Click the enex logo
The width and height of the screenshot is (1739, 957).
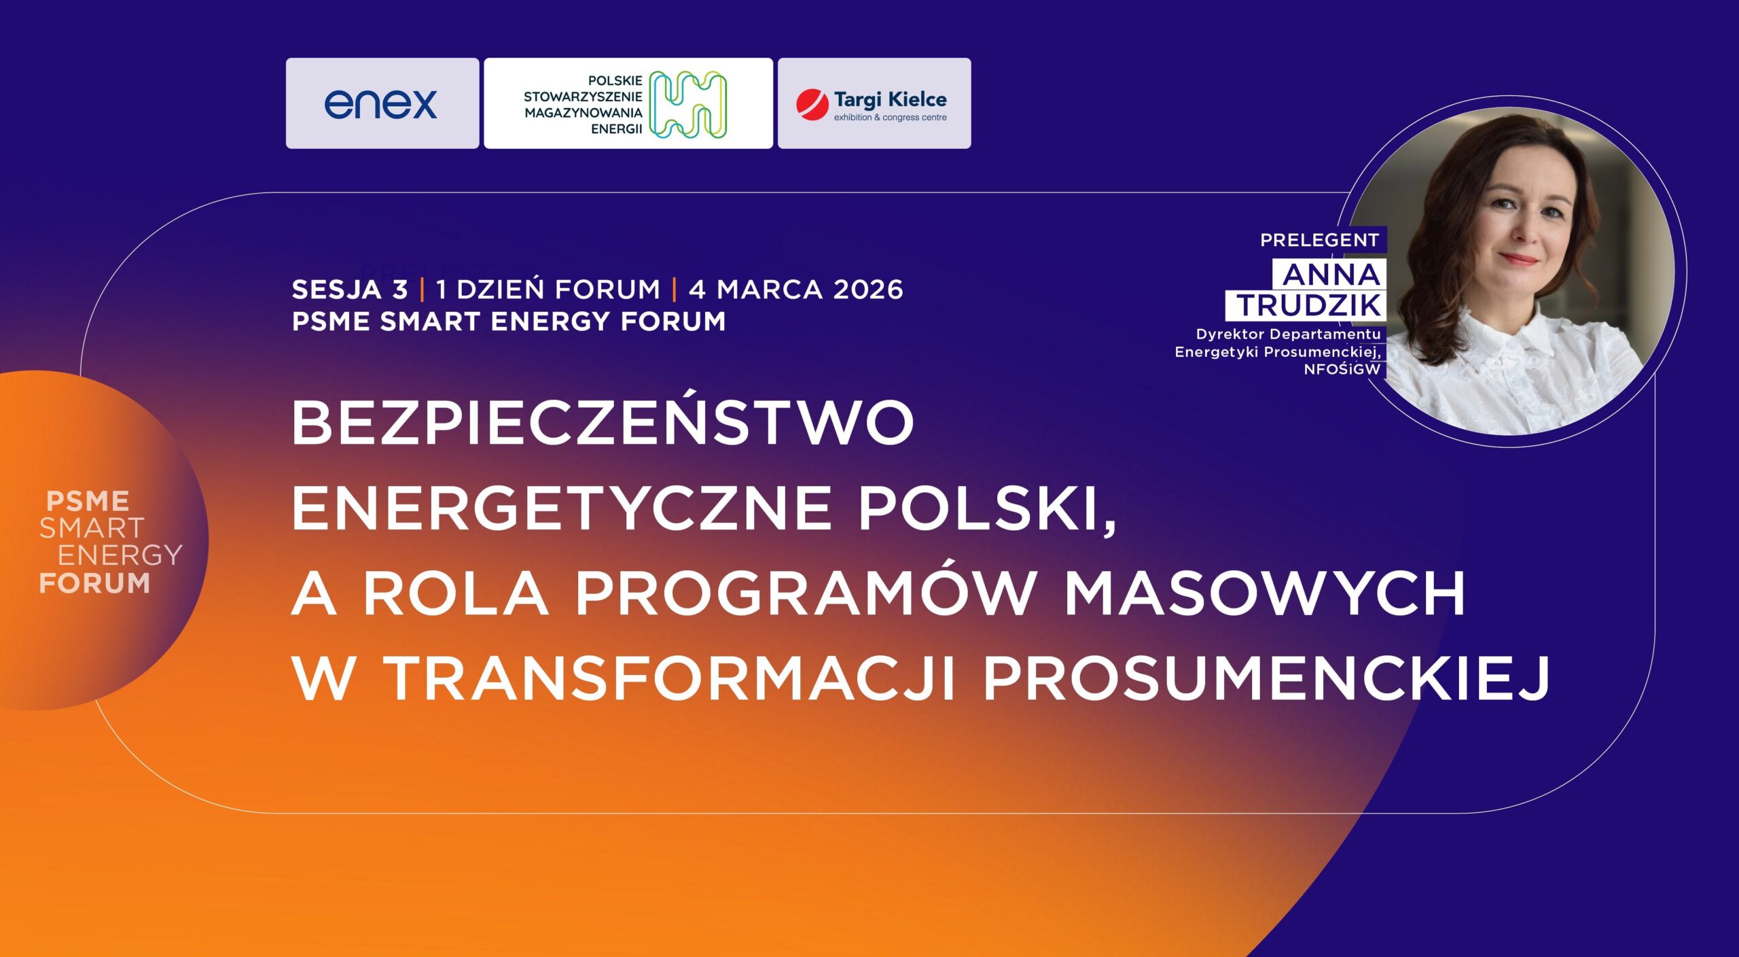[380, 104]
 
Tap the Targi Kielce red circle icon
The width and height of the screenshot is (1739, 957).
[812, 105]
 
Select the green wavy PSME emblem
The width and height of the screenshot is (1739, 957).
[687, 105]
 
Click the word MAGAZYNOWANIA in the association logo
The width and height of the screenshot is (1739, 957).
[583, 113]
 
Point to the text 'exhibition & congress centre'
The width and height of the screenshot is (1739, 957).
[890, 118]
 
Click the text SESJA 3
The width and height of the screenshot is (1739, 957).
[350, 290]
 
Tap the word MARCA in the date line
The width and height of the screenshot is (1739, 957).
[770, 290]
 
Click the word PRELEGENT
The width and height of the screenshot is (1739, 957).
[1319, 240]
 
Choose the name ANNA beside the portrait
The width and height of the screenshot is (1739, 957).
[1331, 275]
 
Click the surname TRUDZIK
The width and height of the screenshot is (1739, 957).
[1308, 305]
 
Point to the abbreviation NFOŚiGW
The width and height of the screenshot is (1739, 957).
[1342, 370]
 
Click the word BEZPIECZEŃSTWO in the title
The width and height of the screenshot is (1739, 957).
[603, 423]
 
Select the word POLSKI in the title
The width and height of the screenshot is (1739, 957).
[987, 508]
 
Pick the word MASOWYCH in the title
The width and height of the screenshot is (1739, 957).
[1263, 594]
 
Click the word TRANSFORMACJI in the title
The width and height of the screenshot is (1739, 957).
[671, 678]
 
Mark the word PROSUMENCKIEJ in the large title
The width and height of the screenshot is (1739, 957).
[1266, 678]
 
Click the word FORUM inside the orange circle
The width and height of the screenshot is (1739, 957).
[94, 583]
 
